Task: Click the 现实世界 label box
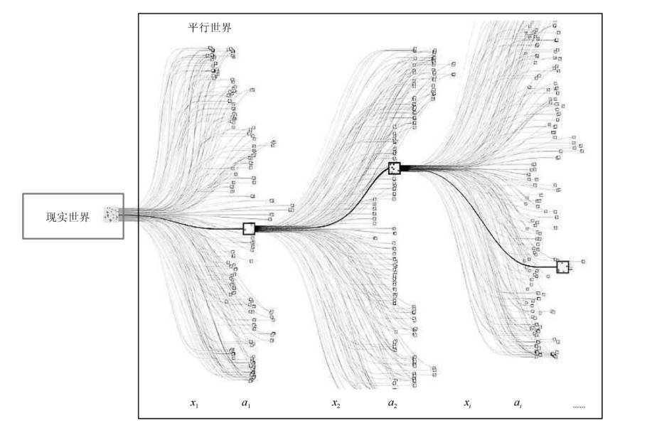click(73, 216)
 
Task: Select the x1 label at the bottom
click(194, 404)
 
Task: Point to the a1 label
click(246, 404)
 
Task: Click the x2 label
click(336, 404)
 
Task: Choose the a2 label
click(392, 404)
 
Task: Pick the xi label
click(468, 404)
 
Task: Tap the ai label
click(519, 404)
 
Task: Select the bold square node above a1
click(249, 229)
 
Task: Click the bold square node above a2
click(395, 168)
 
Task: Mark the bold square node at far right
click(562, 267)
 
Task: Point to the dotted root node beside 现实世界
click(112, 213)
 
